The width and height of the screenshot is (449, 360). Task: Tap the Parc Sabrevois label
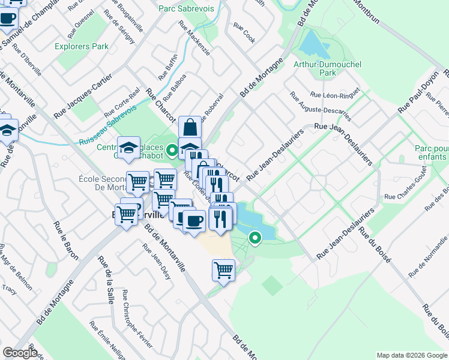(x=183, y=9)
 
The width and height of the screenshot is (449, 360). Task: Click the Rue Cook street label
(x=244, y=33)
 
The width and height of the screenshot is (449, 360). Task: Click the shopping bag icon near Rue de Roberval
(x=190, y=127)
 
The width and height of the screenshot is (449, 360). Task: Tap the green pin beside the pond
(x=255, y=238)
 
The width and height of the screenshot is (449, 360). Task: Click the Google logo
(x=20, y=353)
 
